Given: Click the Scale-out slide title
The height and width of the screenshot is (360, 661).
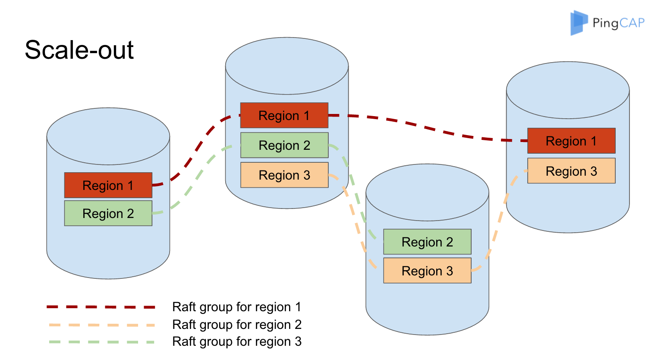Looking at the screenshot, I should tap(79, 50).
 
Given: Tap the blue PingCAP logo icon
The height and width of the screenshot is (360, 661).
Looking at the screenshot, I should tap(579, 22).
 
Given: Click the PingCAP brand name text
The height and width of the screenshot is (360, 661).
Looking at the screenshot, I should tap(618, 23).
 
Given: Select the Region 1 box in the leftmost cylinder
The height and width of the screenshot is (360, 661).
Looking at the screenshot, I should tap(108, 185).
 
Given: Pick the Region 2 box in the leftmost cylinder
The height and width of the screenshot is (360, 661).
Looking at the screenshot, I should tap(108, 213).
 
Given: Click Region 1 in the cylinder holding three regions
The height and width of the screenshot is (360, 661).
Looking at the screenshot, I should tap(284, 115).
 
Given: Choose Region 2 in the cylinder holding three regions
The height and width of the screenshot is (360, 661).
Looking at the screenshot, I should tap(284, 145).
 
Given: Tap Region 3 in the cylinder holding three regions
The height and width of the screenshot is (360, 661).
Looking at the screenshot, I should tap(284, 175).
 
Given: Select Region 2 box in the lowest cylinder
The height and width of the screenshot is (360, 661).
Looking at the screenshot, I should tap(427, 242).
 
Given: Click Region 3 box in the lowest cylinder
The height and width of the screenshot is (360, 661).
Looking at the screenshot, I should tap(427, 271).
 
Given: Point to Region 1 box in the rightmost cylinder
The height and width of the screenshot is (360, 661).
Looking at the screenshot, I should tap(571, 141).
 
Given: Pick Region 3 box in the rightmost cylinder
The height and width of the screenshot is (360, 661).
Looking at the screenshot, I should tap(571, 171).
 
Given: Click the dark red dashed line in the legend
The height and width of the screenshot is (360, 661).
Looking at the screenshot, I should tap(101, 307).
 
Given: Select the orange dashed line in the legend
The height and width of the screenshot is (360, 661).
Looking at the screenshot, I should tap(101, 325).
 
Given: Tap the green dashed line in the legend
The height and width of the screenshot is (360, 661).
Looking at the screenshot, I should tap(101, 342).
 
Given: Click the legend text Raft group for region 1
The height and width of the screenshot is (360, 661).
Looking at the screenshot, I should tap(236, 307).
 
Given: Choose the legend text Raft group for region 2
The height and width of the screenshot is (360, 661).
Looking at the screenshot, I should tap(236, 325).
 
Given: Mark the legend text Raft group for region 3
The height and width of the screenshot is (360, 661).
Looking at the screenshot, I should tap(236, 342).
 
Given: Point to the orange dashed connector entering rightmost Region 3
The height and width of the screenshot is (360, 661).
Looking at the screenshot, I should tap(505, 203).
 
